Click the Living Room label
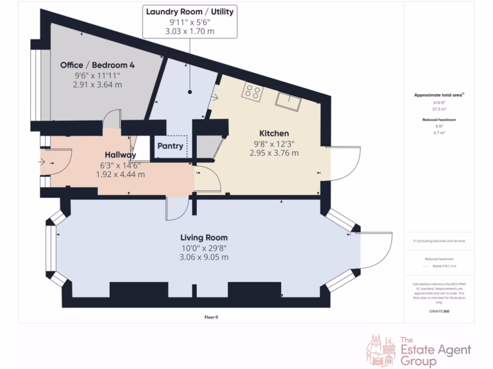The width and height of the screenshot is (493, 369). [x=204, y=237]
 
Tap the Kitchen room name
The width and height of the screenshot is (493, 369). [x=274, y=133]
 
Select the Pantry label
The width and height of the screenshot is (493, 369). [x=170, y=146]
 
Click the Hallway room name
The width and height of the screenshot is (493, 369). [x=120, y=155]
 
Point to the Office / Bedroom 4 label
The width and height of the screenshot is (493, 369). [x=94, y=65]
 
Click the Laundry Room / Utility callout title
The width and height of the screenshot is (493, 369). [x=190, y=12]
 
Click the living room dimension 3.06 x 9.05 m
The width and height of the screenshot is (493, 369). [x=204, y=257]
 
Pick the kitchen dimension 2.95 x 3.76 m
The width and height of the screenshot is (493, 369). [x=274, y=153]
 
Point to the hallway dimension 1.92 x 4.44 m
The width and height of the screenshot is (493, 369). [x=120, y=174]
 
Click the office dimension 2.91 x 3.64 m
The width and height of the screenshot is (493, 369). [x=94, y=85]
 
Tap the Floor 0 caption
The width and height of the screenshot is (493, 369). [x=211, y=317]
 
